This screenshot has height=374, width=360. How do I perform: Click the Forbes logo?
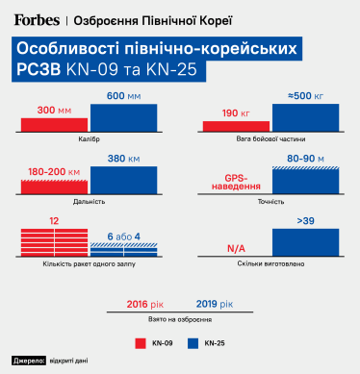coord(35,18)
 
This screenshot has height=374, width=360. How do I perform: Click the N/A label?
coord(236,248)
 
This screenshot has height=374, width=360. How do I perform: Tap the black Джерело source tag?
coord(29,361)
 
